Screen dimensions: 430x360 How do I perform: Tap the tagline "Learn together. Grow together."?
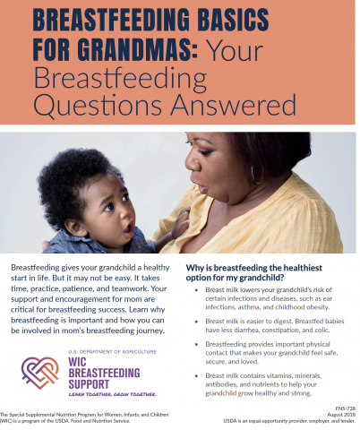pos(100,392)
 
